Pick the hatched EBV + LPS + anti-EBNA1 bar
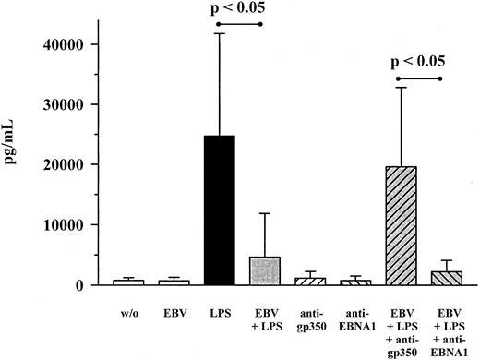pos(446,277)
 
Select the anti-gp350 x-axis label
pos(310,319)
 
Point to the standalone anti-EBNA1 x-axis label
pos(355,319)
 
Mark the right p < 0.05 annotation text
pos(420,63)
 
